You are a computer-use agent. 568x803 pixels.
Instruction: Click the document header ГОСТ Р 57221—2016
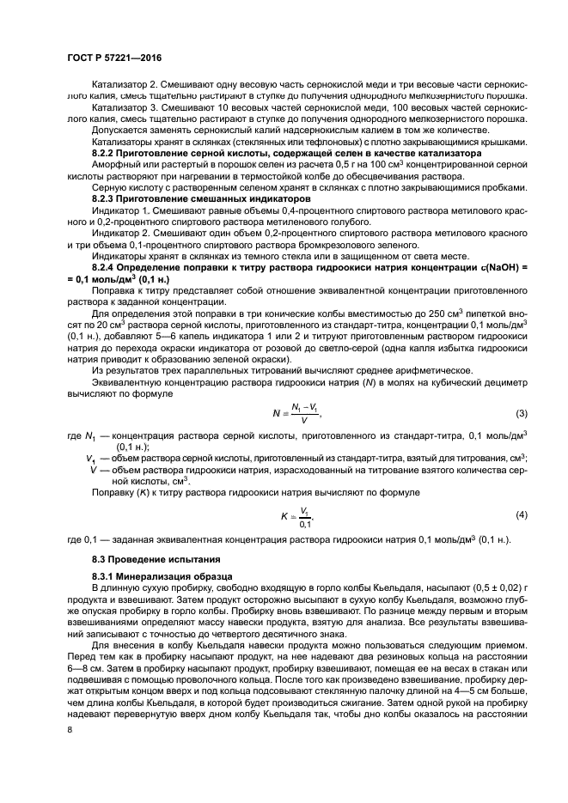[113, 58]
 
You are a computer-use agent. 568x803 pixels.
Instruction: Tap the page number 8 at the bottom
[70, 730]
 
